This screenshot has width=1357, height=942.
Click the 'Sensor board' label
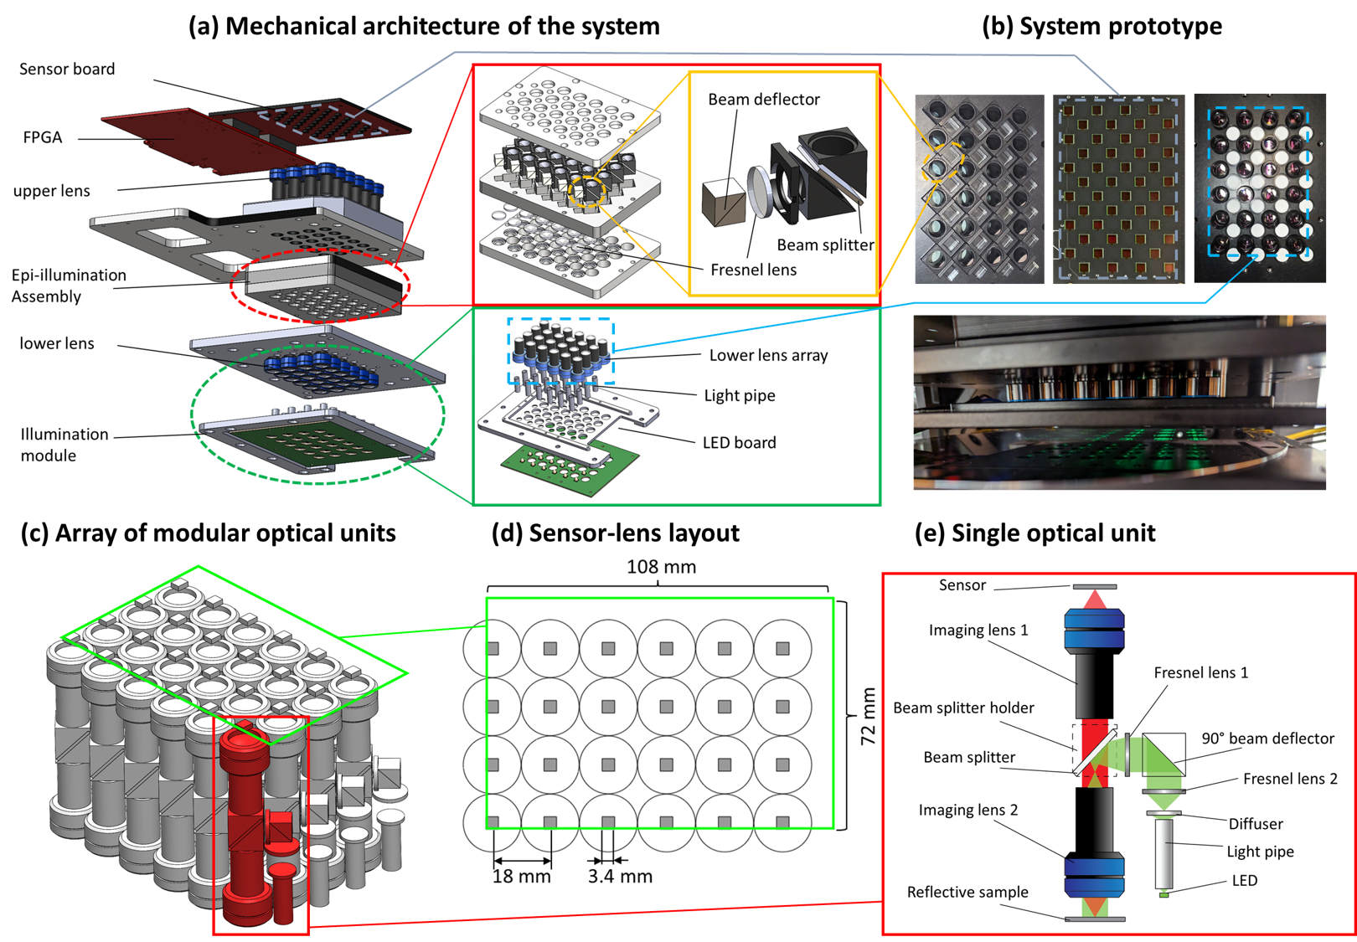coord(67,69)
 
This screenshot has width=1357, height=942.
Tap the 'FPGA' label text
coord(43,137)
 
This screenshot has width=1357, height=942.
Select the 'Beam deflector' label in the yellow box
coord(763,100)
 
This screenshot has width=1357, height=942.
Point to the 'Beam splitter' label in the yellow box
coord(824,245)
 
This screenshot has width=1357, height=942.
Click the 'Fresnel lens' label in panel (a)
coord(752,270)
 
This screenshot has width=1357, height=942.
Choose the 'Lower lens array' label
coord(767,355)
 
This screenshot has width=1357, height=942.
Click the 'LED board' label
coord(738,442)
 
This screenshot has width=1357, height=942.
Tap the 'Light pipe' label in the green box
coord(739,395)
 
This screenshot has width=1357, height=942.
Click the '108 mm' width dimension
coord(661,567)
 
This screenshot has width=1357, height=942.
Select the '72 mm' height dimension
coord(868,716)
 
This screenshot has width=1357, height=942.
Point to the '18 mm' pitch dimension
coord(521,877)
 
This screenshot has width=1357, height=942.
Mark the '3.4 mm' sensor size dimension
coord(619,877)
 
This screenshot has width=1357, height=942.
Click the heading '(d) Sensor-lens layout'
coord(615,533)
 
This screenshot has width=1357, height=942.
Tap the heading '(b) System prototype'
coord(1101,26)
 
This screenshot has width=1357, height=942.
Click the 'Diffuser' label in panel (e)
coord(1255,824)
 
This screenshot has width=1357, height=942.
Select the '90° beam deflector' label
coord(1267,739)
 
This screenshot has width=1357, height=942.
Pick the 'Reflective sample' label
coord(967,893)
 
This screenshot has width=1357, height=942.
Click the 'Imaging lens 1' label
coord(978,631)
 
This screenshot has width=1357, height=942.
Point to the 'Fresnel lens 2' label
coord(1289,779)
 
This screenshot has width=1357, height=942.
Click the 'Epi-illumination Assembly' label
coord(69,286)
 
